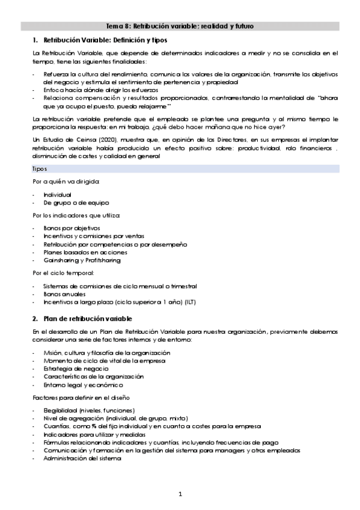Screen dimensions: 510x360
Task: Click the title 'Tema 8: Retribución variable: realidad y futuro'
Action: [x=180, y=26]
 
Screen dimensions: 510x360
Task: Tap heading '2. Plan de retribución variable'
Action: [x=82, y=318]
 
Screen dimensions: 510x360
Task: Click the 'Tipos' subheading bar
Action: [x=40, y=169]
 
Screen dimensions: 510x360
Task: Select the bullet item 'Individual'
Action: [x=57, y=195]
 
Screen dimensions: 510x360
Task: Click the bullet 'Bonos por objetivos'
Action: [x=72, y=229]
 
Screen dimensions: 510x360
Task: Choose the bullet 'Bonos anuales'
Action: [x=64, y=294]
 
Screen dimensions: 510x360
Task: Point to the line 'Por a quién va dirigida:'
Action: [x=66, y=182]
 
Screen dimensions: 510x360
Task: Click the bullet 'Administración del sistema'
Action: [x=82, y=458]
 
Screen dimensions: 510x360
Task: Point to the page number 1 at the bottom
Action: [x=180, y=494]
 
